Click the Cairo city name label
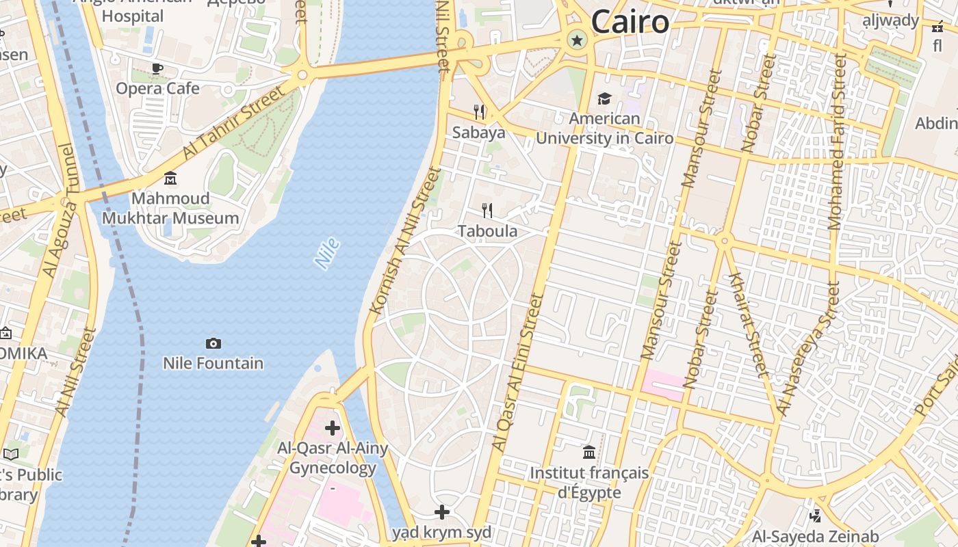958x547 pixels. click(630, 22)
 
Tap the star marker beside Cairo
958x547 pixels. click(577, 40)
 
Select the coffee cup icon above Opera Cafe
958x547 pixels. click(157, 68)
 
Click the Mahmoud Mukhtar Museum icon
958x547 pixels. click(170, 178)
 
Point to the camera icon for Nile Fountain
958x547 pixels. click(213, 343)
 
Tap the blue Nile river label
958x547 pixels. click(327, 253)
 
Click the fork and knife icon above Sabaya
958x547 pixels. click(479, 111)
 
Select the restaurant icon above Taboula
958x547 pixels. click(487, 210)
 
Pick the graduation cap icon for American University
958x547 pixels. click(604, 99)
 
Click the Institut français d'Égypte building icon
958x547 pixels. click(589, 452)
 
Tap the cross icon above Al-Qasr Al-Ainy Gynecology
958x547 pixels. click(333, 428)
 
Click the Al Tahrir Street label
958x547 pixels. click(233, 123)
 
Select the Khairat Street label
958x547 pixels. click(749, 324)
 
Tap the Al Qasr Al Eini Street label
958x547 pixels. click(517, 372)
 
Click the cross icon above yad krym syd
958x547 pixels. click(442, 511)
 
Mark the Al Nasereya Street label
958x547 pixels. click(807, 349)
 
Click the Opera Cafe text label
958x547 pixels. click(157, 88)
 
